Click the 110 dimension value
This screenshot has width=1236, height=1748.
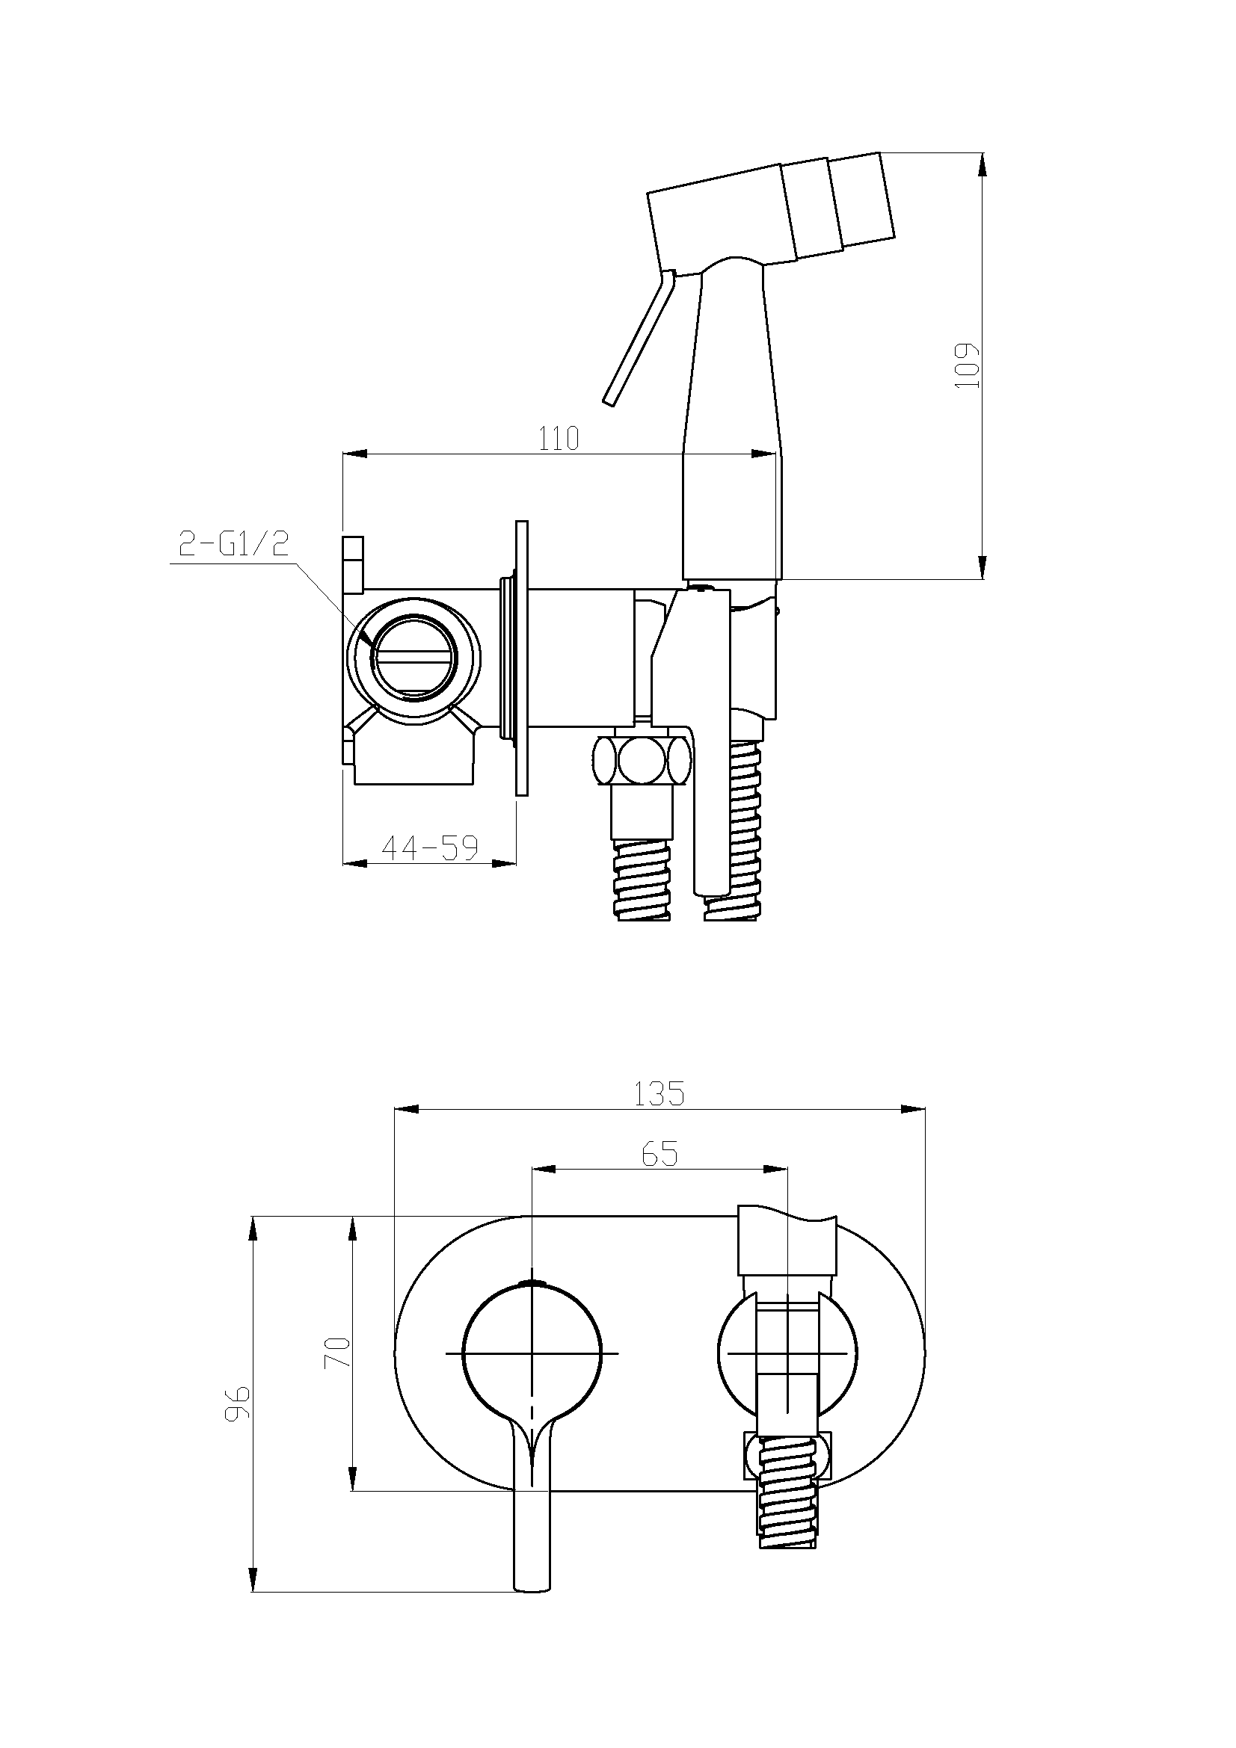coord(559,438)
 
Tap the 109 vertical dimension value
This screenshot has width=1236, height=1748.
coord(966,365)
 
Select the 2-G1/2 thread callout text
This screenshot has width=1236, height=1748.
coord(233,544)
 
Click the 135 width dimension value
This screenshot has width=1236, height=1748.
coord(659,1093)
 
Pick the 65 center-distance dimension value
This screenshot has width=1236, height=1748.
coord(659,1154)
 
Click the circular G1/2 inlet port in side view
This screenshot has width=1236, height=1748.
coord(413,655)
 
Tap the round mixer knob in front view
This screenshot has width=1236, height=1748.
coord(532,1353)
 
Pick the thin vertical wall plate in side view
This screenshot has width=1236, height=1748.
coord(522,658)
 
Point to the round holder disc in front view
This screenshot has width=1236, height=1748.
coord(787,1353)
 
